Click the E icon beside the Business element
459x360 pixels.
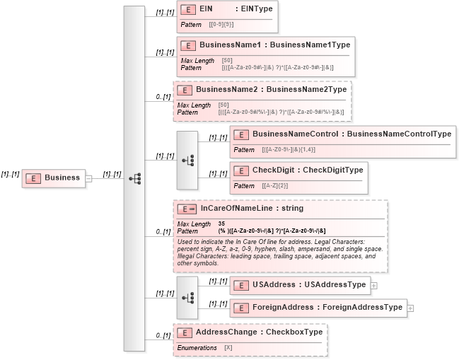(x=32, y=178)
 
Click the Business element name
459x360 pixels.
(x=62, y=178)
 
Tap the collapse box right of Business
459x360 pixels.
(x=89, y=178)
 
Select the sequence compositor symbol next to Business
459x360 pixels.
(x=134, y=178)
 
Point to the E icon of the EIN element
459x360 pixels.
(x=188, y=10)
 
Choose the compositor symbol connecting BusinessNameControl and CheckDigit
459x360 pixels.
(x=187, y=161)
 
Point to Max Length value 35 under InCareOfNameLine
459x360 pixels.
(x=221, y=223)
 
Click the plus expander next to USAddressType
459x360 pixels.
(x=374, y=286)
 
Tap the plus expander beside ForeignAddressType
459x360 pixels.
(x=410, y=308)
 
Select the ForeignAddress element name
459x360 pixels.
(x=283, y=308)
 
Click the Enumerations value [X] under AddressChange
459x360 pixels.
(x=228, y=347)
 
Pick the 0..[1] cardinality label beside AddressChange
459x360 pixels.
(x=163, y=335)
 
